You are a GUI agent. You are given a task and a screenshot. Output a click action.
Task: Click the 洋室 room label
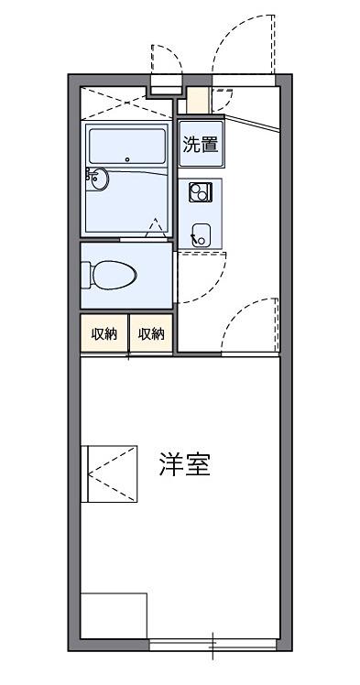[x=184, y=464]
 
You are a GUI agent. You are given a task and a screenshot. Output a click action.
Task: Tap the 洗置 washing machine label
[x=201, y=144]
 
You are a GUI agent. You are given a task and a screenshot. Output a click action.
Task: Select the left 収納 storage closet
[x=104, y=333]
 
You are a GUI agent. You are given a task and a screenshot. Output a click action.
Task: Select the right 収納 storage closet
[x=151, y=333]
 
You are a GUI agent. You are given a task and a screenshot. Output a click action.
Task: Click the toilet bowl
[x=115, y=275]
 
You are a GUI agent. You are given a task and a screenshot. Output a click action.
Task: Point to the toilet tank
[x=85, y=275]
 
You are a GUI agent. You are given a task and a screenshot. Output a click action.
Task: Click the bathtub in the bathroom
[x=127, y=146]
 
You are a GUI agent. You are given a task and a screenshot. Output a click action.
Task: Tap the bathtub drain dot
[x=127, y=159]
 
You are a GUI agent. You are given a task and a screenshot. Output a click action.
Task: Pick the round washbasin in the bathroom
[x=99, y=179]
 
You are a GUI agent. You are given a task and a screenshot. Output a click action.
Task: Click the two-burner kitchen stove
[x=201, y=191]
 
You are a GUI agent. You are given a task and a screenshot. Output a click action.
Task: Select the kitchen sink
[x=202, y=234]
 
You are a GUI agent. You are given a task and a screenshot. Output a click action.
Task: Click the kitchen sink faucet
[x=194, y=238]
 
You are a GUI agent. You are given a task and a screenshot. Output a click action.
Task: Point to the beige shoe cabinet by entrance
[x=198, y=101]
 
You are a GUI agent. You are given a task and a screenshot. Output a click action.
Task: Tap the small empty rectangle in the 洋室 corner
[x=114, y=615]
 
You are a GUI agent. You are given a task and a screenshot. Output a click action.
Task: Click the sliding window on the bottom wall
[x=213, y=645]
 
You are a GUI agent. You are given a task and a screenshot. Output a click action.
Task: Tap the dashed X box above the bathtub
[x=126, y=103]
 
